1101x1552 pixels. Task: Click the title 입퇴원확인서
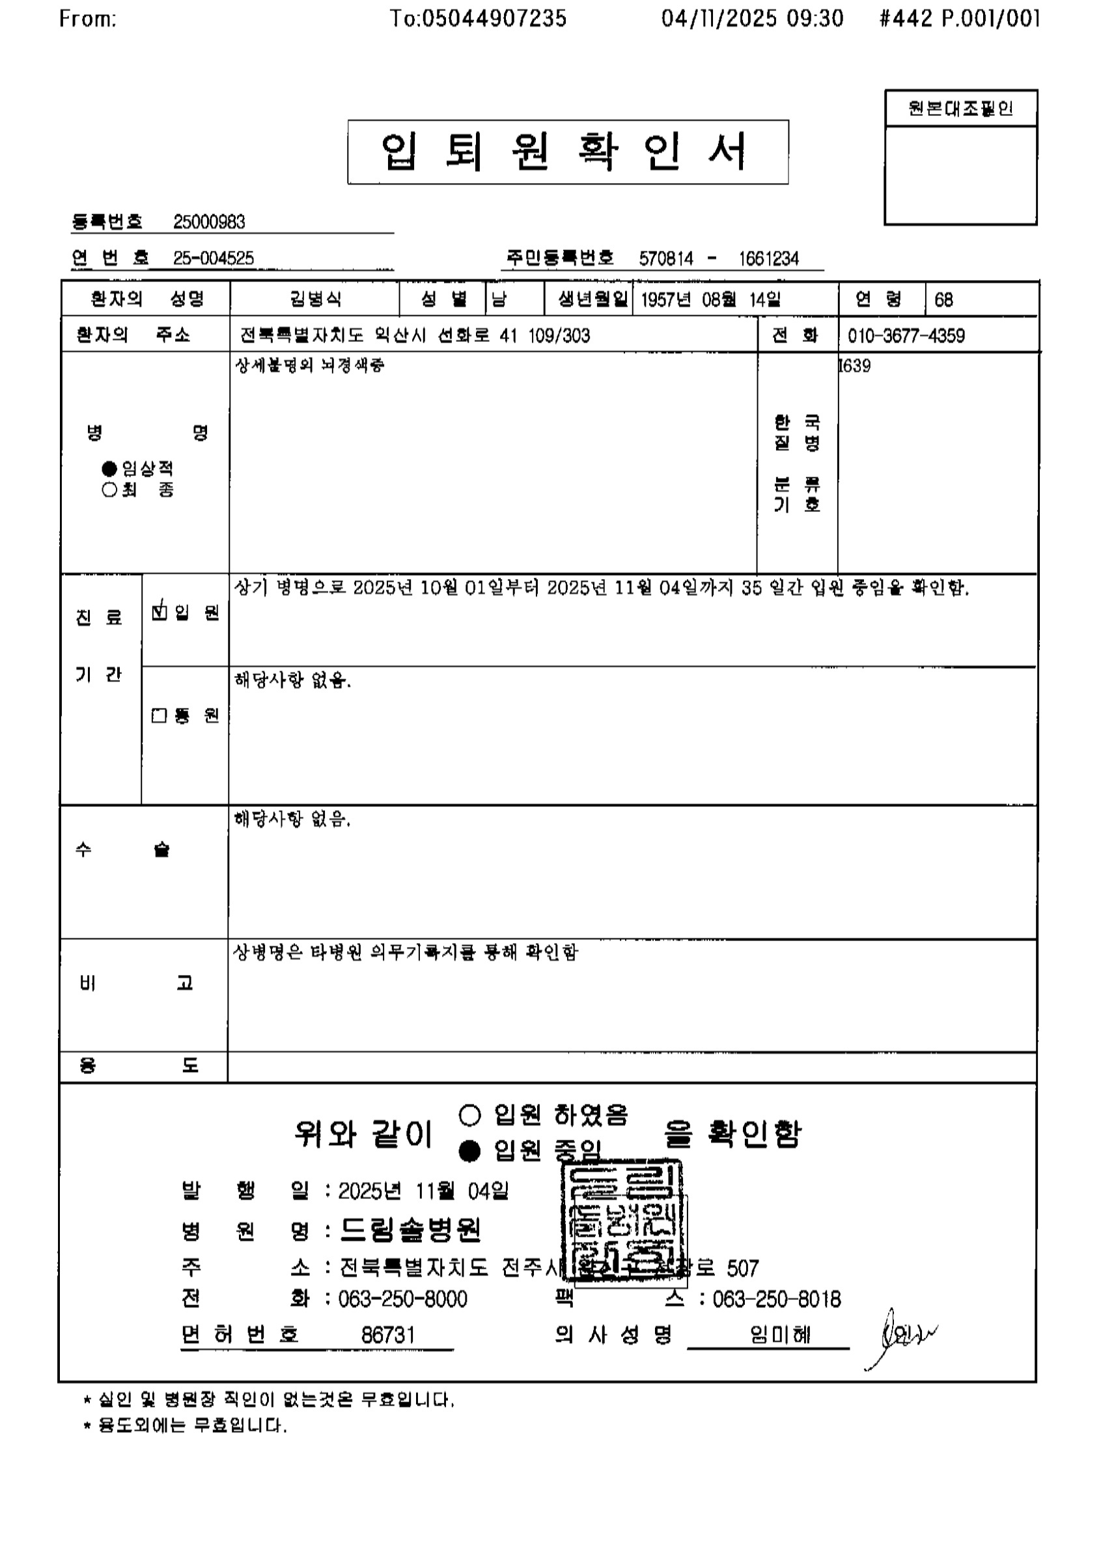point(568,152)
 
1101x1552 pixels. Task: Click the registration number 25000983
point(209,221)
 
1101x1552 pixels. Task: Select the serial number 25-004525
point(214,259)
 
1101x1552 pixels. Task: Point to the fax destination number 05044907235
point(494,18)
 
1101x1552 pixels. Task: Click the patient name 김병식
point(315,299)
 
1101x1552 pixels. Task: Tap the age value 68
point(943,300)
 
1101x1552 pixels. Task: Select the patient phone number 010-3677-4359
point(906,335)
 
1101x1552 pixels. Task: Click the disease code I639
point(854,366)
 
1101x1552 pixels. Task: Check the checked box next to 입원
point(160,611)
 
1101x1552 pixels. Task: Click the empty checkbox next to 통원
point(159,716)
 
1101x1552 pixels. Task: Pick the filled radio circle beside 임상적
point(110,468)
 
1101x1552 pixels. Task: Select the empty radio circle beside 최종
point(110,490)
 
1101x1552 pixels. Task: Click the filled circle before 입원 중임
point(470,1151)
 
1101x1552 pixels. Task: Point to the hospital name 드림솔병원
point(410,1229)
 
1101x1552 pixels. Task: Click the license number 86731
point(388,1334)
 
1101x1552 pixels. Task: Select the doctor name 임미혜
point(780,1334)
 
